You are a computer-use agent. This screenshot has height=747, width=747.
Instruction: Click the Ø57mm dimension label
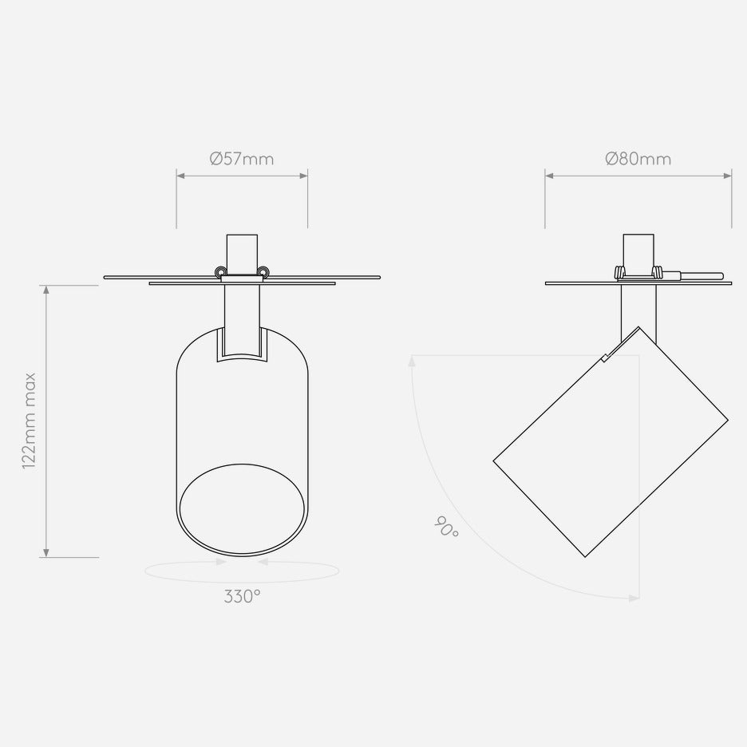pos(242,159)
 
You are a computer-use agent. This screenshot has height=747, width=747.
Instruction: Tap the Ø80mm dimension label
pos(638,159)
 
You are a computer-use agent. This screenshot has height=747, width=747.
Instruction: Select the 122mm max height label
pos(30,421)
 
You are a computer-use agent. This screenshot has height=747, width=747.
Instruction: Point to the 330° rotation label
pos(242,596)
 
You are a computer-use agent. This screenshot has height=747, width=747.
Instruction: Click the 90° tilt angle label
pos(446,527)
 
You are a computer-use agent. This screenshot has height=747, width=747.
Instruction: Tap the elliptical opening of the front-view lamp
pos(242,509)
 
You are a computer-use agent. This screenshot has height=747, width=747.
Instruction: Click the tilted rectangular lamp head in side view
pos(611,441)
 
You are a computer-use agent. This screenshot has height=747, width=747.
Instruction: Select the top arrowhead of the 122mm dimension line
pos(46,290)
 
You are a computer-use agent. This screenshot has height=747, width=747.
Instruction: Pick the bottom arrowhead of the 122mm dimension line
pos(46,552)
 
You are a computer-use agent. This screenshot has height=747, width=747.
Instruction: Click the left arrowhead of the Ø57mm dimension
pos(180,176)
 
